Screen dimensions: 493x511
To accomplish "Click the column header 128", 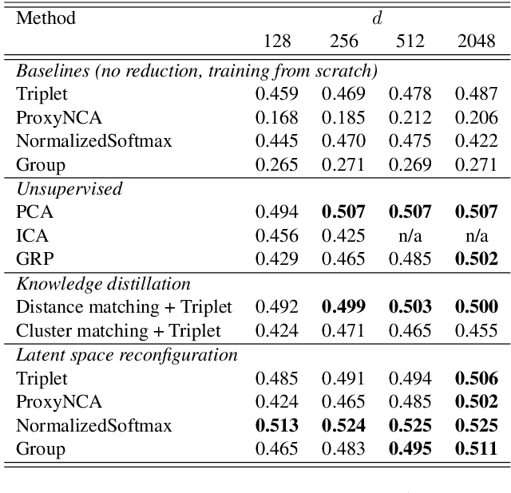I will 276,42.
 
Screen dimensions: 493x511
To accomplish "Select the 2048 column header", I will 476,42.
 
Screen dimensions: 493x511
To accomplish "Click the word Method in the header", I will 46,18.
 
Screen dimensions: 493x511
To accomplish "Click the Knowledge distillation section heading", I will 103,283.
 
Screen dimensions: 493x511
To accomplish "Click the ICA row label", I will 32,236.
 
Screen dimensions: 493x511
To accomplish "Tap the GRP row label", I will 34,259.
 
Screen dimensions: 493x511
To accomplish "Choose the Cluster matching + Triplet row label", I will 119,330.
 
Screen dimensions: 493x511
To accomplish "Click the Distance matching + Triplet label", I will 124,307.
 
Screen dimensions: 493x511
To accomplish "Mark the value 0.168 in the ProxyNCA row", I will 276,118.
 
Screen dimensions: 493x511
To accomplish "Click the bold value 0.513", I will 276,424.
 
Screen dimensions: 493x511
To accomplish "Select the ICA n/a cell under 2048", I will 476,236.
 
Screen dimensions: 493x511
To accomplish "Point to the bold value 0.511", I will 476,448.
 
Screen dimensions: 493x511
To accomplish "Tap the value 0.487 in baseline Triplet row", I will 476,94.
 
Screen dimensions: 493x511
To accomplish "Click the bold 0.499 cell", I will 343,307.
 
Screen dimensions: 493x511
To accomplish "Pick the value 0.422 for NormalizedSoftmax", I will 476,142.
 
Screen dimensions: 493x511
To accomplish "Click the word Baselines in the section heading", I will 48,70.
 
